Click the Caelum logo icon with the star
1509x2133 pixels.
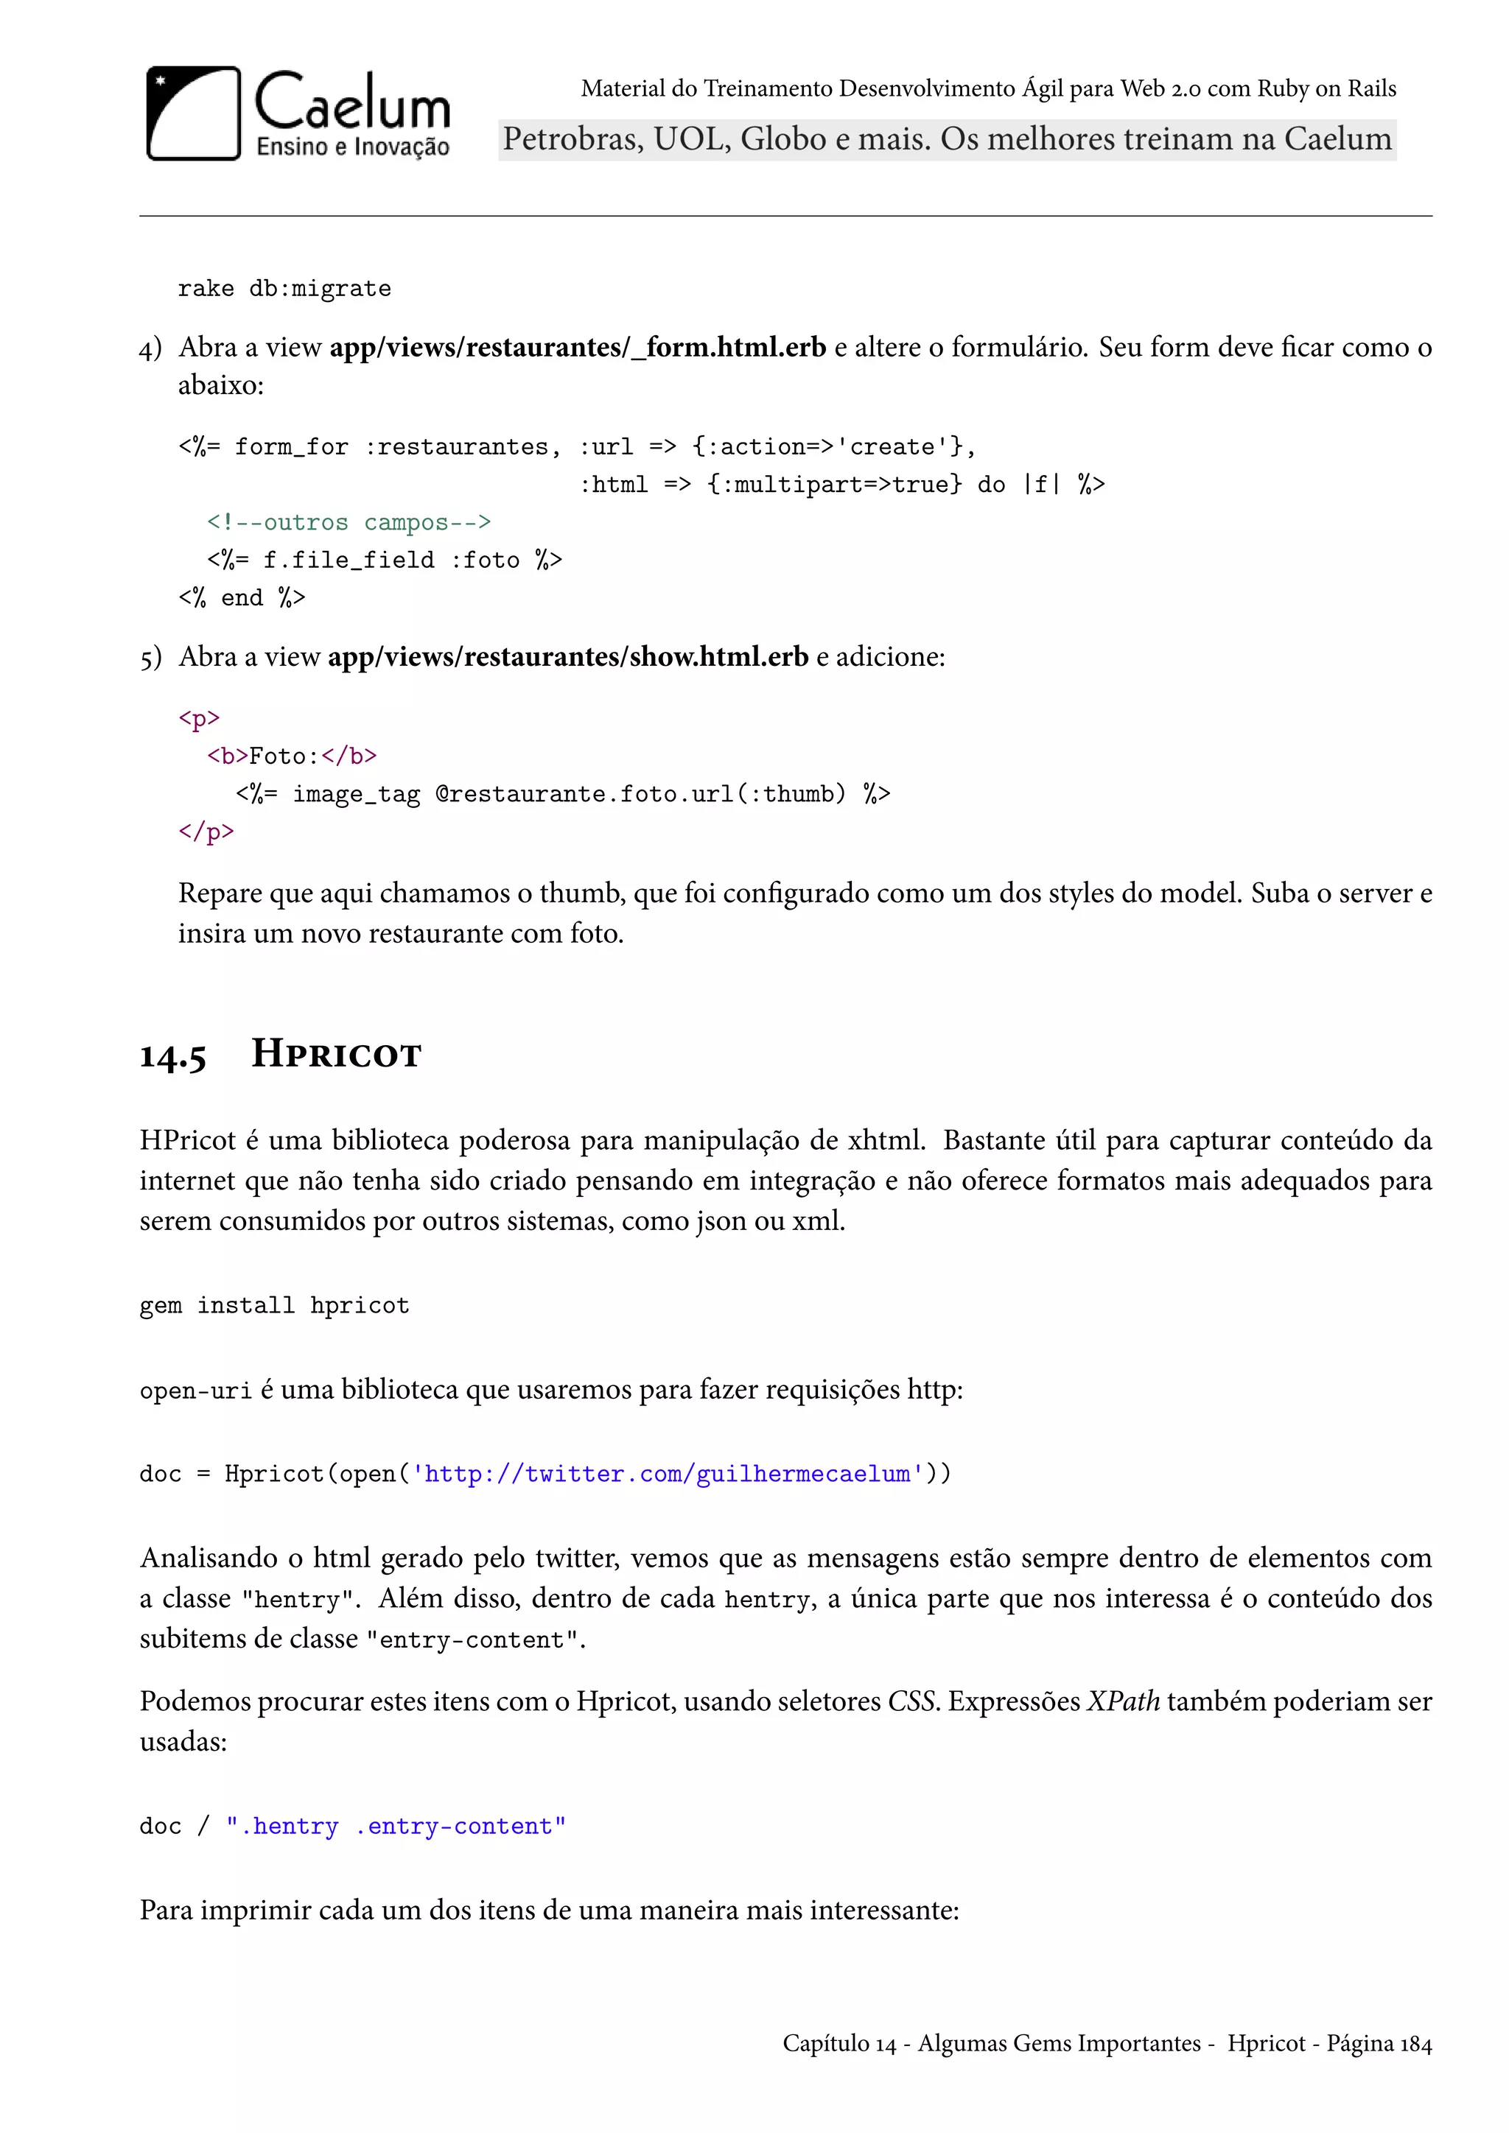193,113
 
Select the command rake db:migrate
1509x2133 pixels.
284,289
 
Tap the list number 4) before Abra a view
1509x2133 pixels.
150,349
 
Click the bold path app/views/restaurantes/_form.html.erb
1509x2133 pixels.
577,348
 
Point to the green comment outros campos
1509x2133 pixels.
349,522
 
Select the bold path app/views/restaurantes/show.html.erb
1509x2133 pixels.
568,657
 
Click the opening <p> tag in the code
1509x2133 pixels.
199,718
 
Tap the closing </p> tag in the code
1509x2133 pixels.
206,832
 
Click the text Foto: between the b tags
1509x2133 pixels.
284,756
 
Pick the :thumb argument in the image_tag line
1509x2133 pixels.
798,794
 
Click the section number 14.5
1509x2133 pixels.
173,1056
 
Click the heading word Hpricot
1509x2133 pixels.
337,1055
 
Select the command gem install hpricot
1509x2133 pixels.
274,1305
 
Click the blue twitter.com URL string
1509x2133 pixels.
667,1475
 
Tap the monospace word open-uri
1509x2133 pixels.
195,1391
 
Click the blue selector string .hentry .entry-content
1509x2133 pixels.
396,1827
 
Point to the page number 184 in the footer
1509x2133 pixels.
1415,2044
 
